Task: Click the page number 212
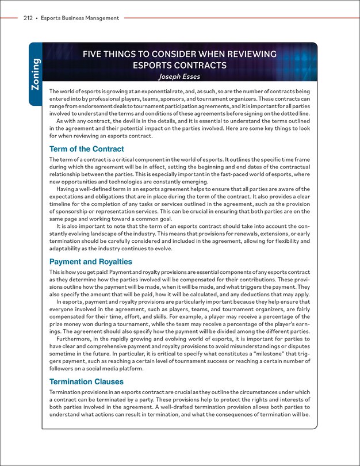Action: (28, 18)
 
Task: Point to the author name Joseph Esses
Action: (180, 77)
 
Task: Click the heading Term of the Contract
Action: (87, 149)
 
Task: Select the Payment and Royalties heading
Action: (91, 261)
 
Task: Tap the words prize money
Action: (66, 323)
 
